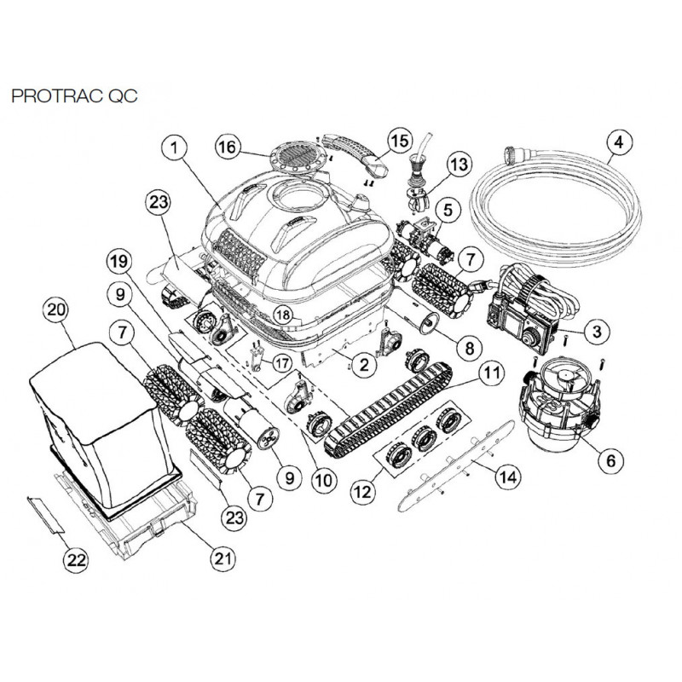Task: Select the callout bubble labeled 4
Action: pos(617,141)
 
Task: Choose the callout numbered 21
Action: pos(223,559)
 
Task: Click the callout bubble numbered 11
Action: pos(491,373)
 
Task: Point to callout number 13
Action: pos(459,163)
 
